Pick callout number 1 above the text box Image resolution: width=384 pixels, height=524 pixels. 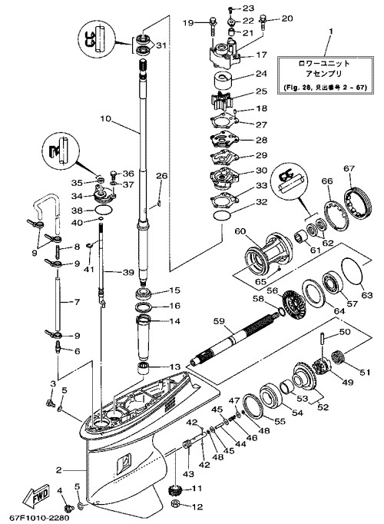click(x=331, y=32)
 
